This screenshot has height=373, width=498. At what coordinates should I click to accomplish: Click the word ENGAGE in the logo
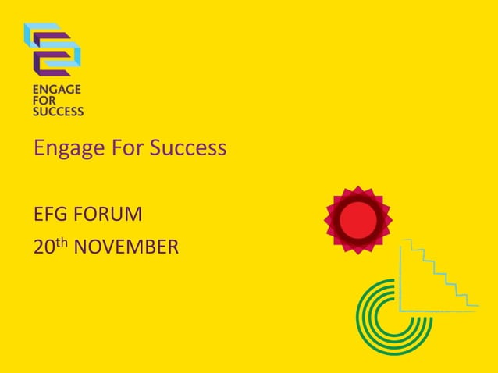pyautogui.click(x=56, y=90)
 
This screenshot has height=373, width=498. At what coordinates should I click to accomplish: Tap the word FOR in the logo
pyautogui.click(x=44, y=101)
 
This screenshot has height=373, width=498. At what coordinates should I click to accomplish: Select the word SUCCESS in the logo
pyautogui.click(x=58, y=112)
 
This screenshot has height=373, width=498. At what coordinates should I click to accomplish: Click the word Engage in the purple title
pyautogui.click(x=66, y=148)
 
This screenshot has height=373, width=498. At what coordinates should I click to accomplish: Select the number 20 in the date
pyautogui.click(x=43, y=248)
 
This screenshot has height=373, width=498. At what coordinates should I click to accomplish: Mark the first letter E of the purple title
pyautogui.click(x=38, y=147)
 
